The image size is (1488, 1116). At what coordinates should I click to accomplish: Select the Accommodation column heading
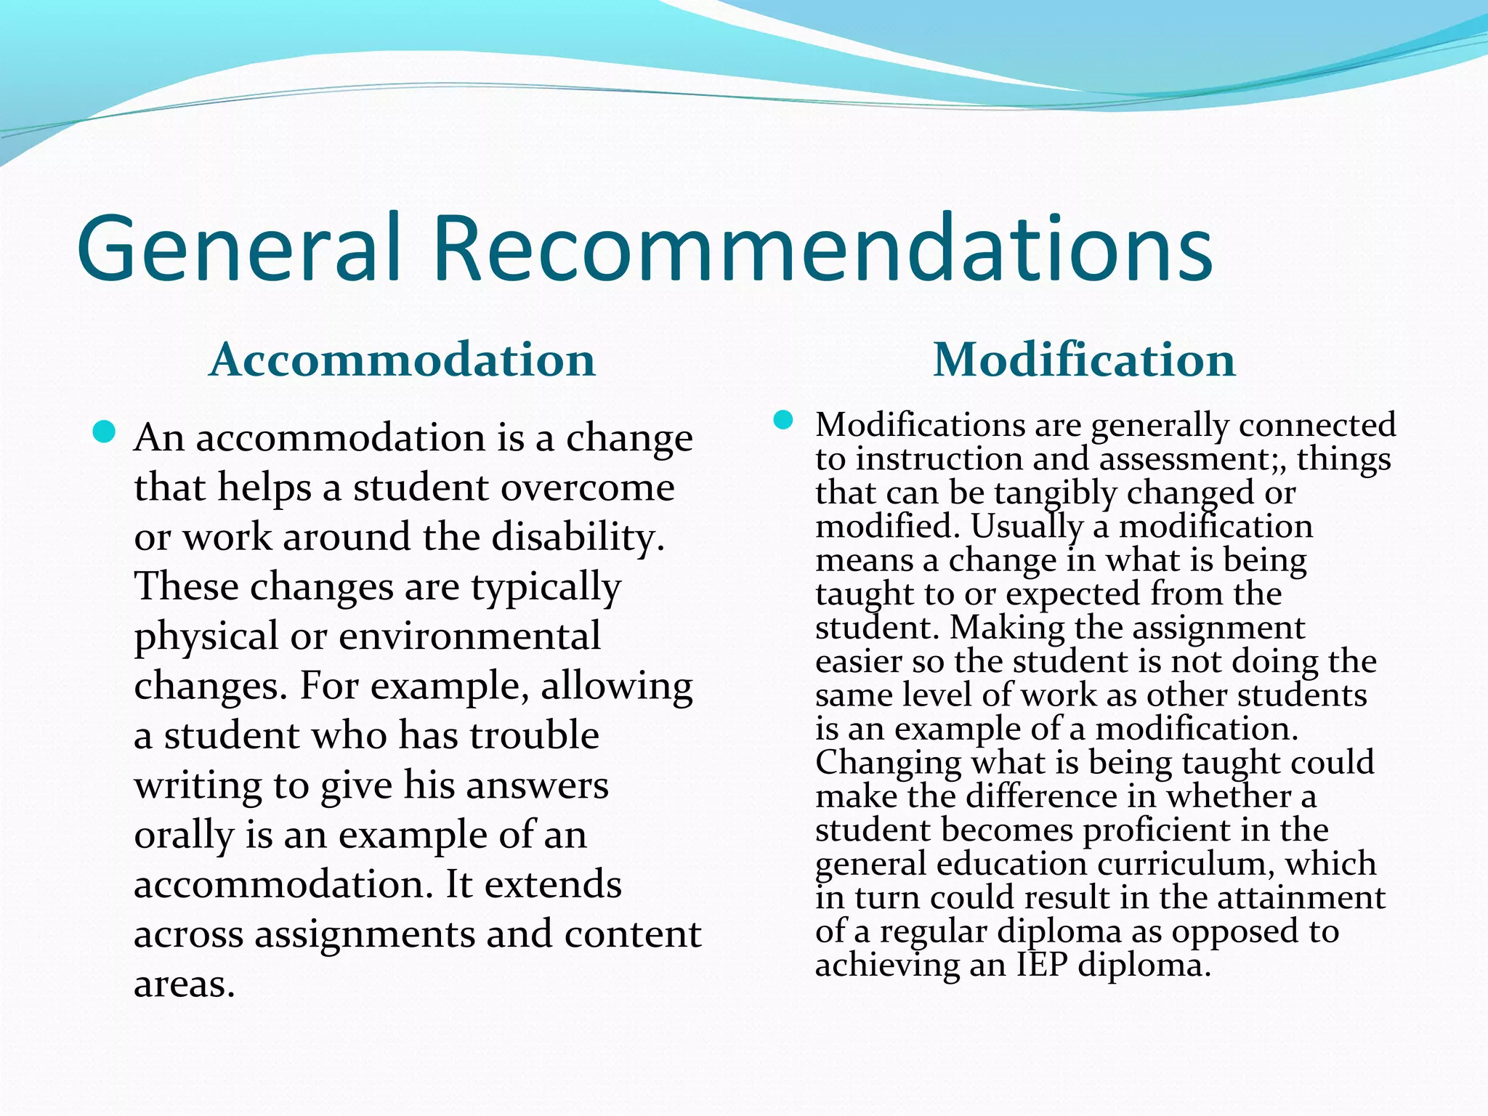(x=402, y=360)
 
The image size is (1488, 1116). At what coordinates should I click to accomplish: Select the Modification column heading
(x=1084, y=360)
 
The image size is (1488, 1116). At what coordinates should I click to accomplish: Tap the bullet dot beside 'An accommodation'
(x=105, y=433)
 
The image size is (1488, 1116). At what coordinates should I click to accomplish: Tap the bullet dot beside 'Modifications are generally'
(x=783, y=421)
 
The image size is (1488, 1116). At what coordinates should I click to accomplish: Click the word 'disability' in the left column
(x=578, y=537)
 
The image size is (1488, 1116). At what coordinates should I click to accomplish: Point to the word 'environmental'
(x=469, y=636)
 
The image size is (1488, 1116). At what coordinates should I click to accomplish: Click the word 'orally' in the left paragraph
(x=183, y=836)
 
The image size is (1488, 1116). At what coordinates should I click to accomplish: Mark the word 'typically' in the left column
(x=546, y=587)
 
